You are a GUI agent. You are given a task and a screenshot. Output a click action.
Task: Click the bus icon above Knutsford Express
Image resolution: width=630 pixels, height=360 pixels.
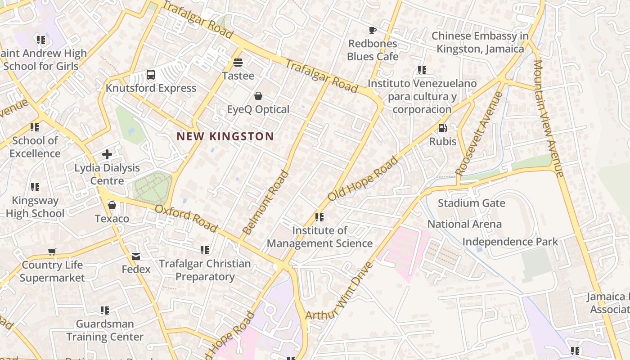(x=151, y=75)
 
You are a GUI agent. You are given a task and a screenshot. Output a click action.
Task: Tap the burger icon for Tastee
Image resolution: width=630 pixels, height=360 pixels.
(x=238, y=63)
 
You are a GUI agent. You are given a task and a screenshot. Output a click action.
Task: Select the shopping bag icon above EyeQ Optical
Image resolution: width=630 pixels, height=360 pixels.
(x=258, y=96)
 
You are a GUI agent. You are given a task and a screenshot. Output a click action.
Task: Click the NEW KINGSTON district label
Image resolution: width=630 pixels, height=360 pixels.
(x=225, y=136)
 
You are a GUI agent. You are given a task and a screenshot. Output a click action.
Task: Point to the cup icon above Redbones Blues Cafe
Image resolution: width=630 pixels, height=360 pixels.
(x=373, y=31)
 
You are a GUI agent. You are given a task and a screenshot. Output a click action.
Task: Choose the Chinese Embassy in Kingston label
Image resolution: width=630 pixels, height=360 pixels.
(x=480, y=42)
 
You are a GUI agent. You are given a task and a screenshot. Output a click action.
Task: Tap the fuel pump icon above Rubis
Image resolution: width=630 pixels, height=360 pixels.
(x=443, y=128)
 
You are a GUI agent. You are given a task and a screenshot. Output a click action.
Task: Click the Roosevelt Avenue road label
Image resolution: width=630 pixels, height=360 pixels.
(x=478, y=133)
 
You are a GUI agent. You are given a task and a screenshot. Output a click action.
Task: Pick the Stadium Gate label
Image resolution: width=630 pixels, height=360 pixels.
(x=471, y=203)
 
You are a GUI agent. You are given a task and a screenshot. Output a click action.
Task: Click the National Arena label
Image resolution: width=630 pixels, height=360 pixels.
(x=464, y=224)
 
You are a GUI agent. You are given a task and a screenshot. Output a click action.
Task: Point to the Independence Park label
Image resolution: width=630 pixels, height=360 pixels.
(x=510, y=242)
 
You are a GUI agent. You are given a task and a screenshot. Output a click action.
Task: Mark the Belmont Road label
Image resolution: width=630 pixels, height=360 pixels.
(x=265, y=202)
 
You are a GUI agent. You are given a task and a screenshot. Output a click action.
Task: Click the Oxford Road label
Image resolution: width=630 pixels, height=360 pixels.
(x=186, y=218)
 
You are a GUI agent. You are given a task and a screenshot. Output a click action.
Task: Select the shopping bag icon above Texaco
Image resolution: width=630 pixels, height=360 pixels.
(x=112, y=206)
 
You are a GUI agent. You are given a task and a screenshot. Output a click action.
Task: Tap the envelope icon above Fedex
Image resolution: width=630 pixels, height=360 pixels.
(x=136, y=256)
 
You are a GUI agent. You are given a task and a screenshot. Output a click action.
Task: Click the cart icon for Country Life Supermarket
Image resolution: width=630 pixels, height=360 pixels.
(x=52, y=252)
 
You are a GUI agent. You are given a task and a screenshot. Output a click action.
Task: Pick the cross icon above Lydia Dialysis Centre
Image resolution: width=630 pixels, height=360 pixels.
(x=107, y=155)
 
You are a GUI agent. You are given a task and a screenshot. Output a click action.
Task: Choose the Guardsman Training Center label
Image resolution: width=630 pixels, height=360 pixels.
(x=105, y=330)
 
